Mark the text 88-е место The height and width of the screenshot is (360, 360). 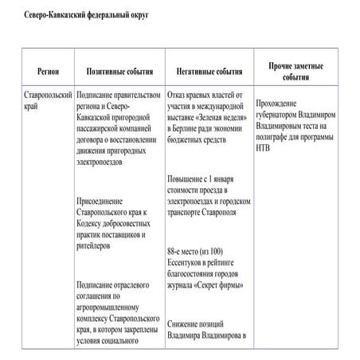185,249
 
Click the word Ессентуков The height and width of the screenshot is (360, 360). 188,260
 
